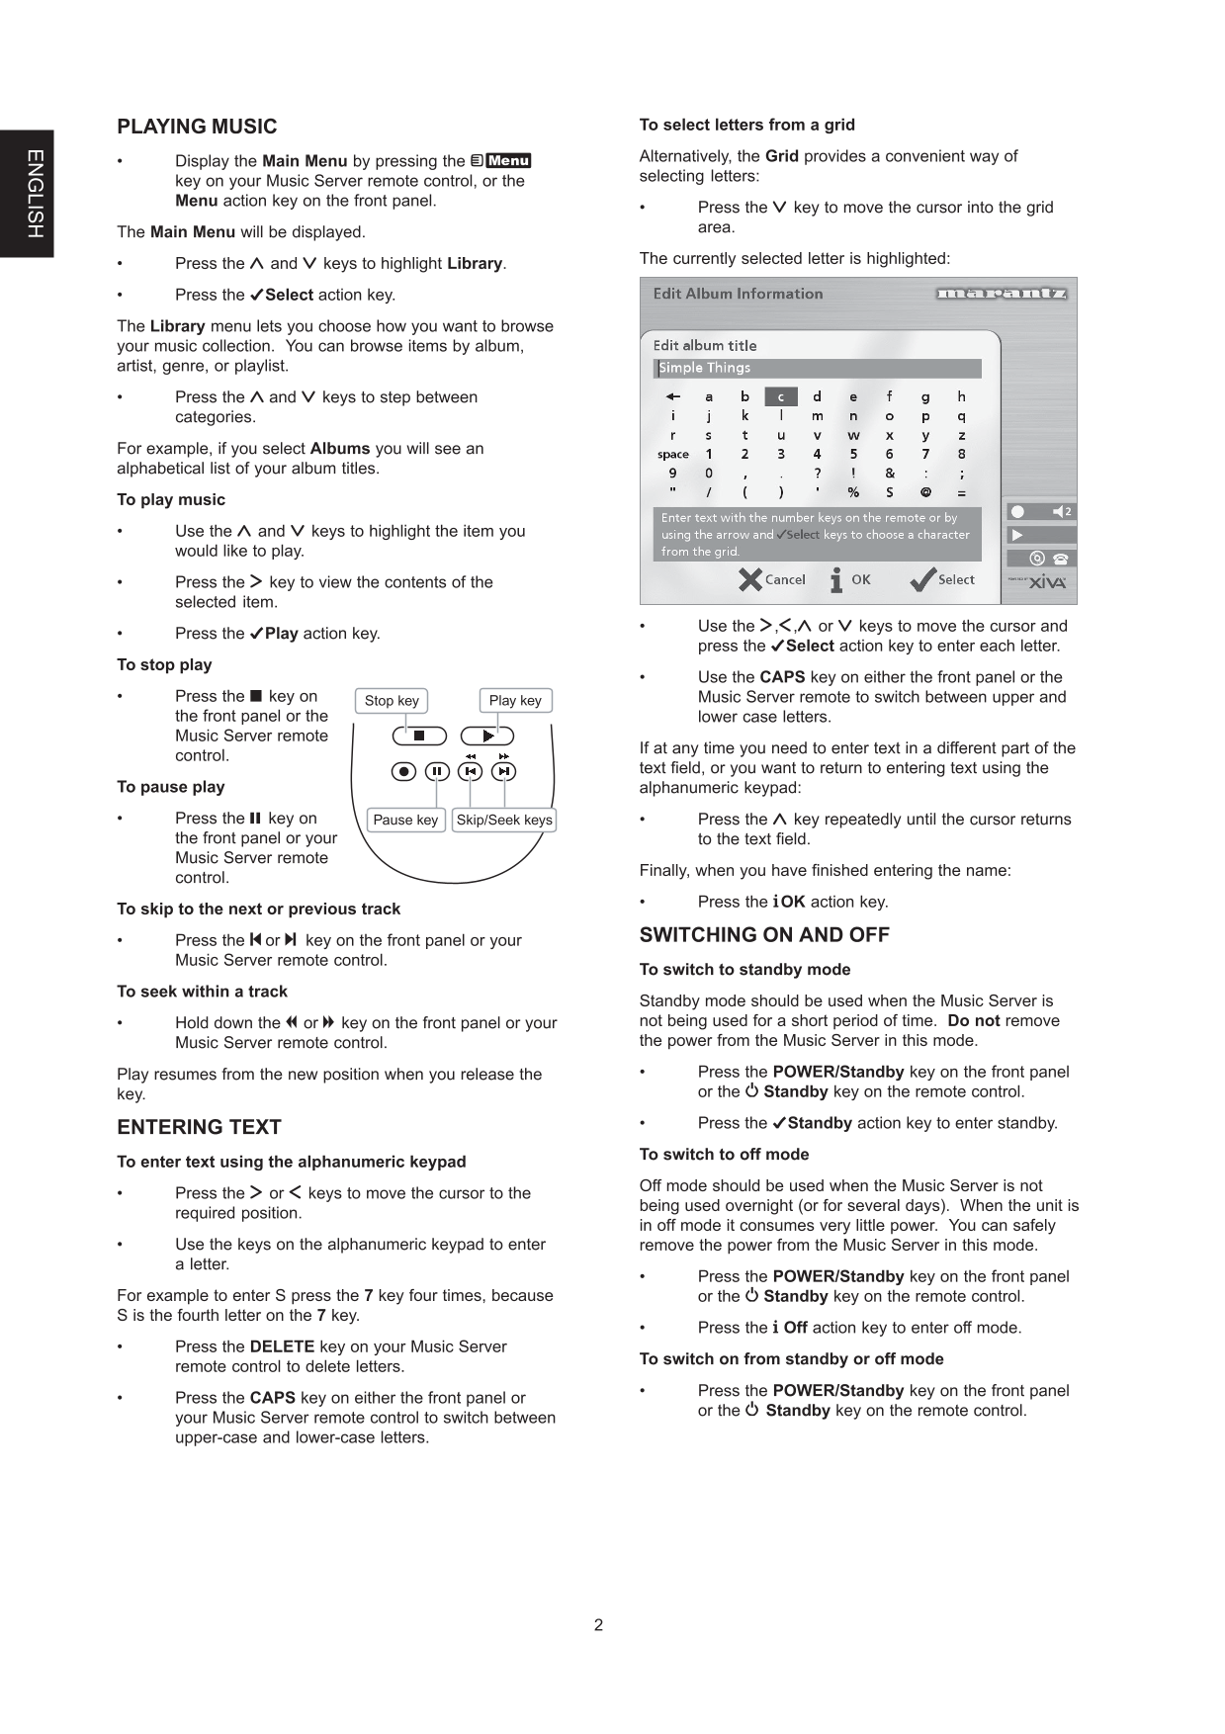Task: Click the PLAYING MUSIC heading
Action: [x=197, y=127]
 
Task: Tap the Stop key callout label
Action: [x=392, y=701]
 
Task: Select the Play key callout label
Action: [x=515, y=701]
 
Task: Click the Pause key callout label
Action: [x=405, y=820]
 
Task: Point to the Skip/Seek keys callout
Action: [x=504, y=820]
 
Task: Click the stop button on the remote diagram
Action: [x=419, y=736]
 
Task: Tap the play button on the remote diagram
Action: [x=487, y=736]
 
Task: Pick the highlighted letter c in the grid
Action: [x=780, y=397]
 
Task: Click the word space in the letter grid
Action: [x=673, y=455]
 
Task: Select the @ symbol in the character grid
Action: [x=925, y=491]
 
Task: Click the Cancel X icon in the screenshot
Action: [x=750, y=580]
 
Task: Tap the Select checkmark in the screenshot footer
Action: [x=922, y=580]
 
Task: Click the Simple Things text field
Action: [x=818, y=368]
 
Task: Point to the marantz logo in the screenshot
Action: [x=1001, y=294]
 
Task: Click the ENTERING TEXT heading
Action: [x=199, y=1127]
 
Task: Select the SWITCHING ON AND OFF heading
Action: [x=764, y=935]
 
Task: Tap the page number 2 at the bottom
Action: [x=598, y=1625]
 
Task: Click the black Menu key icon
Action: [x=508, y=161]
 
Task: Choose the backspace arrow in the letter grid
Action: [x=673, y=397]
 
